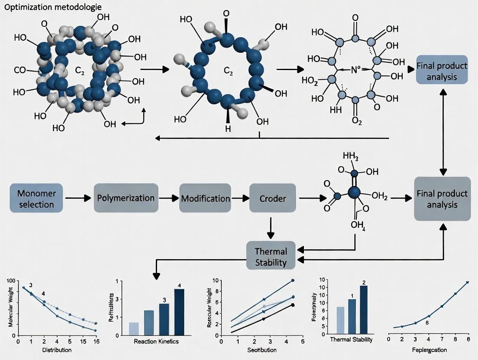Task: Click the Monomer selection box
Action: click(36, 198)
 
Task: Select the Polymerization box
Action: click(125, 198)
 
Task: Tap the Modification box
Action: click(205, 198)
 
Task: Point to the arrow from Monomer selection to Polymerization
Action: click(78, 198)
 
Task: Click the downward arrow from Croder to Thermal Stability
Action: click(271, 227)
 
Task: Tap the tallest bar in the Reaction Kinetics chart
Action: click(179, 312)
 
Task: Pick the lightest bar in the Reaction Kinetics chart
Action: click(134, 328)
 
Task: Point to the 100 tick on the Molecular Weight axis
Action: click(11, 282)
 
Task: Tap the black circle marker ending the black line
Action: click(293, 305)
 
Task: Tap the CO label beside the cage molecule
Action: click(20, 70)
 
